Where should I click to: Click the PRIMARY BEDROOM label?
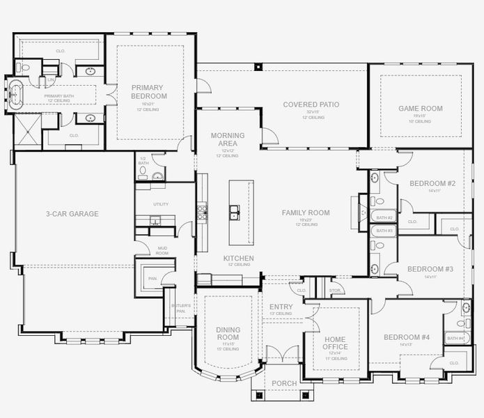coord(150,92)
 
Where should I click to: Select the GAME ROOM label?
coord(420,109)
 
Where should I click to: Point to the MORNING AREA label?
coord(228,139)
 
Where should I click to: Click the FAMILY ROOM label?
coord(305,212)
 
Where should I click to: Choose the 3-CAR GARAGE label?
coord(72,214)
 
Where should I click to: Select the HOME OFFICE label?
coord(335,343)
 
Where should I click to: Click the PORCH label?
coord(283,384)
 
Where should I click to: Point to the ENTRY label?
coord(281,307)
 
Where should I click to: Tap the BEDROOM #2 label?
coord(432,184)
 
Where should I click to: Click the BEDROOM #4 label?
coord(406,338)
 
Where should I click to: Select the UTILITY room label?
coord(161,204)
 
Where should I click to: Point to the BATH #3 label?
coord(384,230)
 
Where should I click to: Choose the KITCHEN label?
coord(238,258)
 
